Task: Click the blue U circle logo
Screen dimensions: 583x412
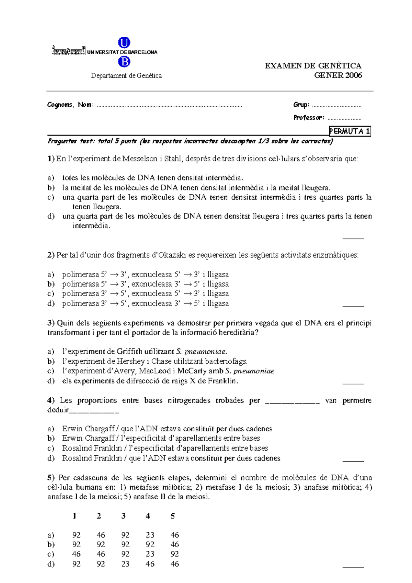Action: [124, 43]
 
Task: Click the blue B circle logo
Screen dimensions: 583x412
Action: [124, 62]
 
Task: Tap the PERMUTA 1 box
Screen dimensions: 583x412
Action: [350, 131]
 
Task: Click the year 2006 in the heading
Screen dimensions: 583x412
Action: [354, 75]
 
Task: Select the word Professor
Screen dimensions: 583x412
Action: [308, 118]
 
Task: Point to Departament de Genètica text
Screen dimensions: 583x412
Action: [126, 75]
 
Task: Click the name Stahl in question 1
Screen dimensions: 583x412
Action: [174, 159]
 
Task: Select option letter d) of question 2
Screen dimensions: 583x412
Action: [51, 303]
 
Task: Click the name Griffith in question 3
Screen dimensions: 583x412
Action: [129, 351]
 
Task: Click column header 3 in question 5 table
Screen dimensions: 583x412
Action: [123, 516]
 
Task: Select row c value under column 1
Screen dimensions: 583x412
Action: [76, 554]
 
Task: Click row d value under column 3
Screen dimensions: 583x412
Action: [125, 564]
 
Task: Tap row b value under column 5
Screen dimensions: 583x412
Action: [174, 545]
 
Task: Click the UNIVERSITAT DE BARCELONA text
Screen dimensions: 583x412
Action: [122, 52]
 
